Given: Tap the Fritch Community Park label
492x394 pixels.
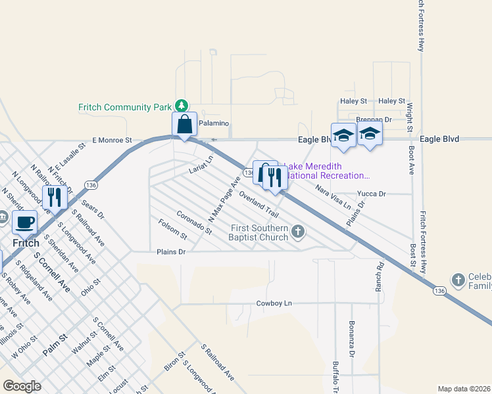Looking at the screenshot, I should point(124,107).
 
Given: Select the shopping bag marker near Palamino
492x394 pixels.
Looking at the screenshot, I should point(185,125).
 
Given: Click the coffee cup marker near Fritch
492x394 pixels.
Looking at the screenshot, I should point(25,223).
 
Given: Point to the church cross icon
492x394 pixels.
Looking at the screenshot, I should point(298,231).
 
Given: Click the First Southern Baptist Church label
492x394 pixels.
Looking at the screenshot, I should point(258,232).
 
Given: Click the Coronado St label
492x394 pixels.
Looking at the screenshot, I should point(194,223).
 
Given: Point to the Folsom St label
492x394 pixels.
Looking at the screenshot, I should point(173,229).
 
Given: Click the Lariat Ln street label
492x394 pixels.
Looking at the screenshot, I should point(201,165).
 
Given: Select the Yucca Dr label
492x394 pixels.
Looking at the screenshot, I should point(371,194).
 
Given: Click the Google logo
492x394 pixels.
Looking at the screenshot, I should point(22,386).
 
